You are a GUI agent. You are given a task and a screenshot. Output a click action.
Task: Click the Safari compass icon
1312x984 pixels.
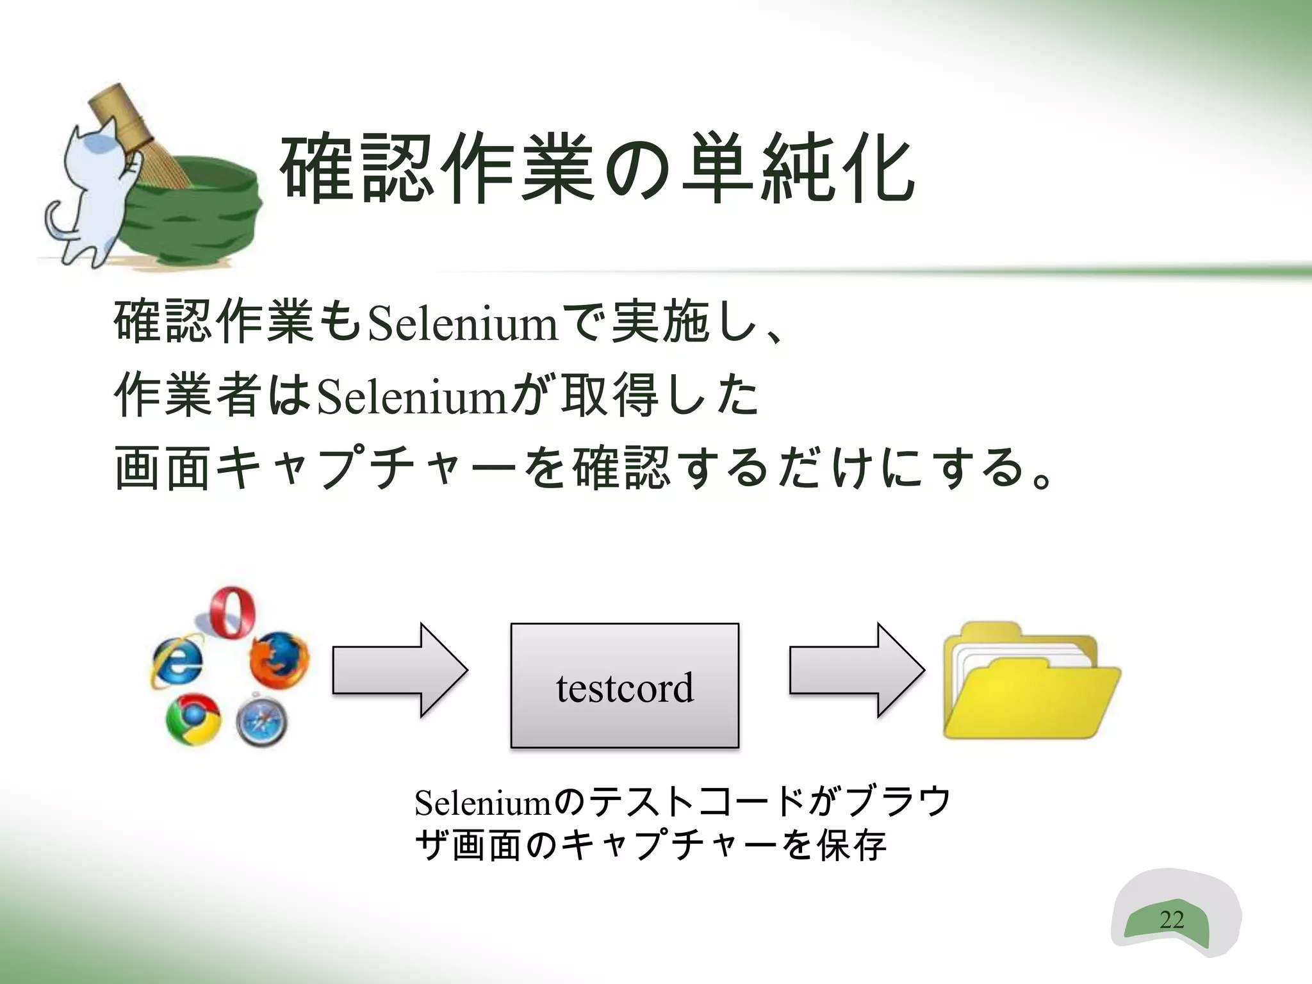(x=261, y=722)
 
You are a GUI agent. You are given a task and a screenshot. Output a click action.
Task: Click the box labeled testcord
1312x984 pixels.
(x=625, y=685)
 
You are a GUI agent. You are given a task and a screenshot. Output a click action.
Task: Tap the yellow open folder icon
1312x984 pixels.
(x=1031, y=682)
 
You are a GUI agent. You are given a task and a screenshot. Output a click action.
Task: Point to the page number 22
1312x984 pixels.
(x=1171, y=920)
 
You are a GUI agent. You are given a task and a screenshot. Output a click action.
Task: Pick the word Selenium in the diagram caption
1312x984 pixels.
(x=482, y=803)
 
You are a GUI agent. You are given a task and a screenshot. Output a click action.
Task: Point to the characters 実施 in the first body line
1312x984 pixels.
(x=660, y=324)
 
